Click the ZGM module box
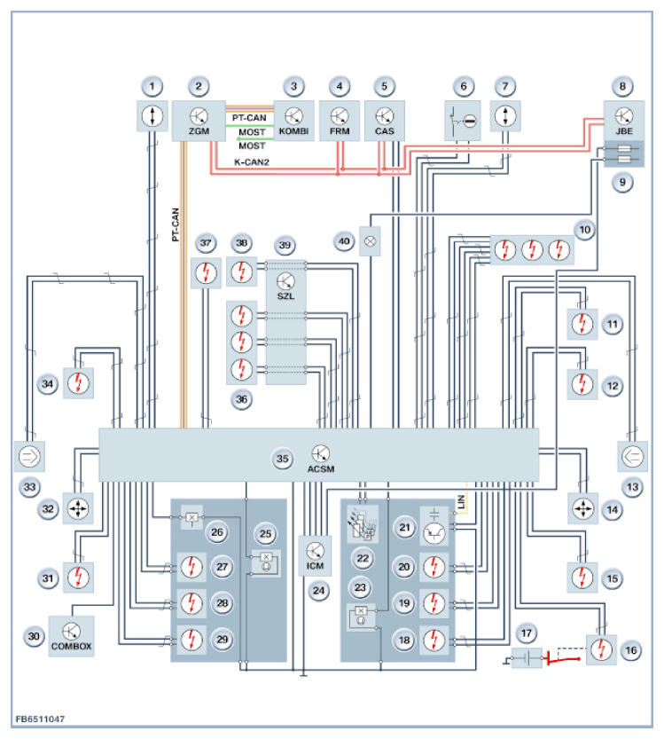(199, 121)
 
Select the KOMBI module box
(293, 121)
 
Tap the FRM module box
(340, 121)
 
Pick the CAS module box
(384, 121)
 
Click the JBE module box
(624, 121)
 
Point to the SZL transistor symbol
(285, 281)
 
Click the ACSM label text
(321, 469)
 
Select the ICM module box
(315, 555)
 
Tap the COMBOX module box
(71, 636)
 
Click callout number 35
(282, 459)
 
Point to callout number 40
(344, 242)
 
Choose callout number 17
(526, 633)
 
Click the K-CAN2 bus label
(252, 162)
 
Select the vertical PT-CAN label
(176, 224)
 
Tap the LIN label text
(461, 501)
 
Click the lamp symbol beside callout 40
(371, 241)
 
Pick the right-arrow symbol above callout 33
(29, 456)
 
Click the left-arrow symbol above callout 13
(632, 456)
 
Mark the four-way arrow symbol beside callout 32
(78, 508)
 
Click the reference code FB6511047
(40, 719)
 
